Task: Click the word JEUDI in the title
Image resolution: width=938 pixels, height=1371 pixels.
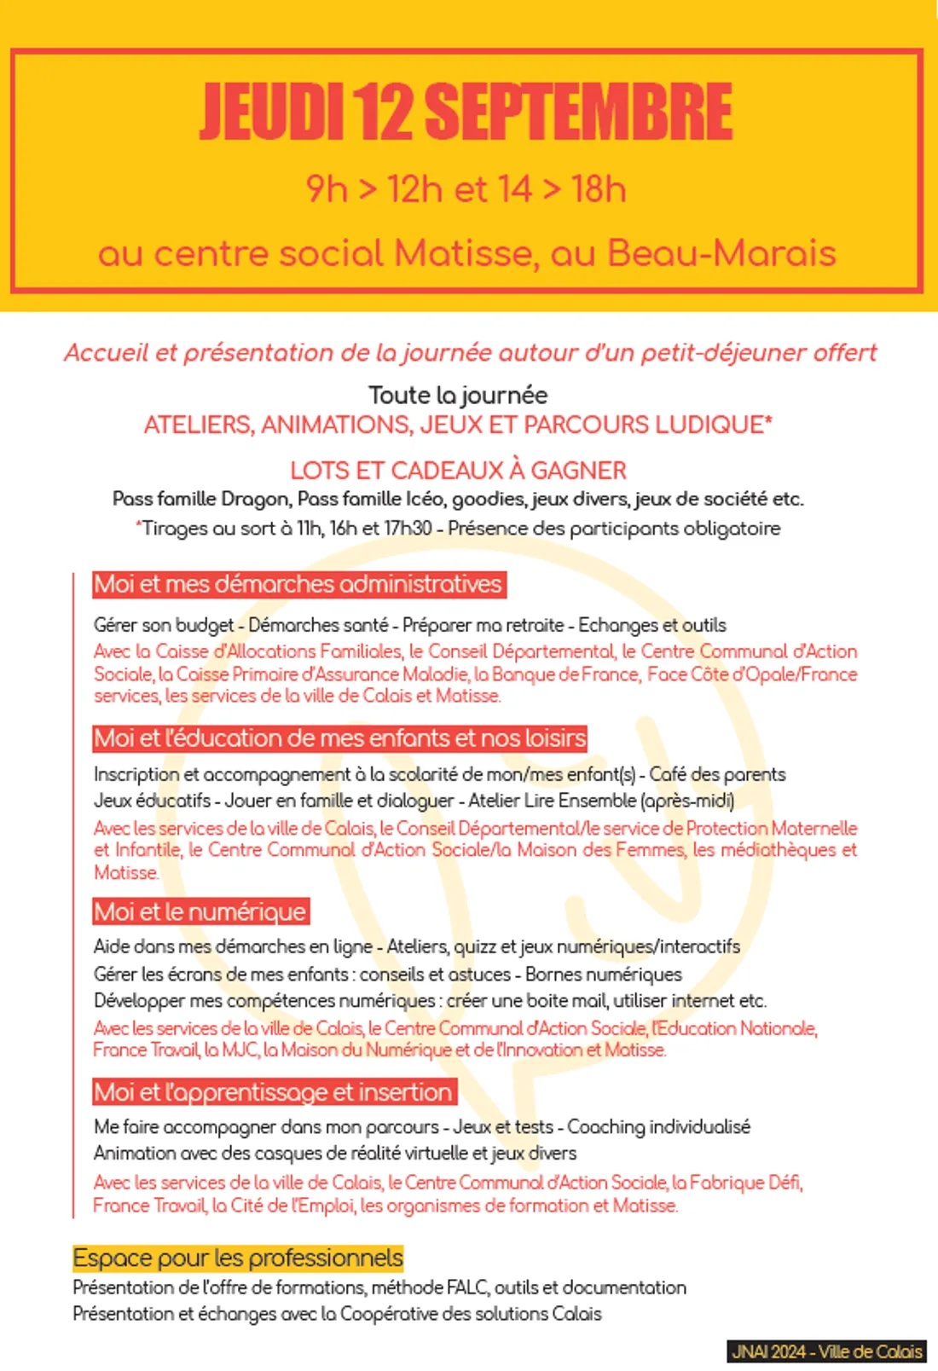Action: coord(271,111)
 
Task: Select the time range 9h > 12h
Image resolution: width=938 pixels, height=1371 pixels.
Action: coord(375,189)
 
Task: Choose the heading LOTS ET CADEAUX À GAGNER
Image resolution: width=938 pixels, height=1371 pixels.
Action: coord(458,471)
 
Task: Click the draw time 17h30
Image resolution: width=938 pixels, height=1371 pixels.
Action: coord(407,529)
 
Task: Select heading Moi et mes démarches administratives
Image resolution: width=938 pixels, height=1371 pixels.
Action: coord(298,584)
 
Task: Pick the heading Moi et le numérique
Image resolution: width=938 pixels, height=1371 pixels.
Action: coord(200,911)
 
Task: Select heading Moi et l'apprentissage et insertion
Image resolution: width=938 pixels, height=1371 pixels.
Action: coord(274,1092)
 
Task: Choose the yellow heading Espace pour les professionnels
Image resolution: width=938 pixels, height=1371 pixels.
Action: coord(238,1258)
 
